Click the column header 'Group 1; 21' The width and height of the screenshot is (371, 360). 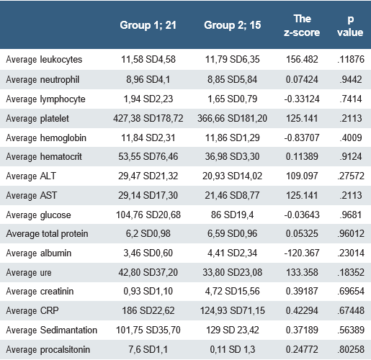click(150, 26)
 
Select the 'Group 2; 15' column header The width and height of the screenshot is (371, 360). click(235, 26)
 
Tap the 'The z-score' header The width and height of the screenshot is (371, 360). click(302, 26)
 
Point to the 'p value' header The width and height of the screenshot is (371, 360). click(351, 26)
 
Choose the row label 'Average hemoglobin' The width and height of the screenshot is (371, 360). click(46, 138)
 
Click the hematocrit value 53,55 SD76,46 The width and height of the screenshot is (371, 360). click(150, 157)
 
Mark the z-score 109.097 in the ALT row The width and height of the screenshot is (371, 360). click(302, 176)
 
